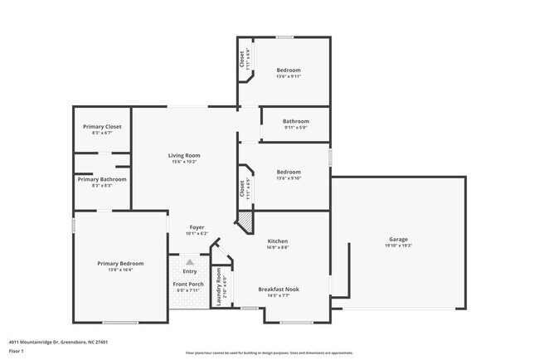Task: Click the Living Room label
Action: point(184,155)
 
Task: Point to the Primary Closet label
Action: point(102,126)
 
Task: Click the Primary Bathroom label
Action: point(102,179)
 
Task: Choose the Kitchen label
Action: point(278,241)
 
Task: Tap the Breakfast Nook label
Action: point(278,289)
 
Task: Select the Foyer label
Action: point(197,227)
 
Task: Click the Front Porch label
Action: point(188,285)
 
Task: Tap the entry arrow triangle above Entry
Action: point(188,261)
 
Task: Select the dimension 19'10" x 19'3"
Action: point(398,246)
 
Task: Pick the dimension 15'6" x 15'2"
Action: point(184,162)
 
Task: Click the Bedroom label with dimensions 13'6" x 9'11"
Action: point(288,70)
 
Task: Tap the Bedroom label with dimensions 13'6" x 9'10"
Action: point(288,172)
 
